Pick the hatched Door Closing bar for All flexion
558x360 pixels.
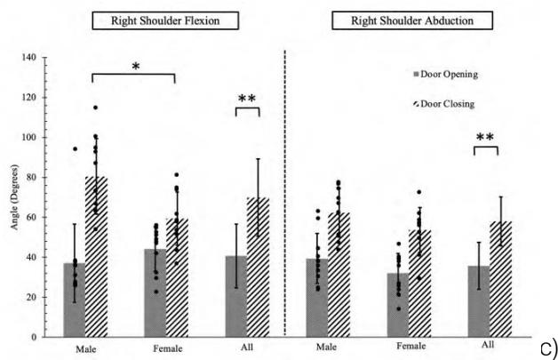coord(258,268)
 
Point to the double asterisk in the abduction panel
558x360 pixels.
coord(486,138)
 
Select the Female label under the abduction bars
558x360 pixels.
coord(409,348)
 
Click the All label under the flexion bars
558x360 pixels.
coord(247,348)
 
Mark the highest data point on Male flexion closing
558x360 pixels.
coord(94,108)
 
